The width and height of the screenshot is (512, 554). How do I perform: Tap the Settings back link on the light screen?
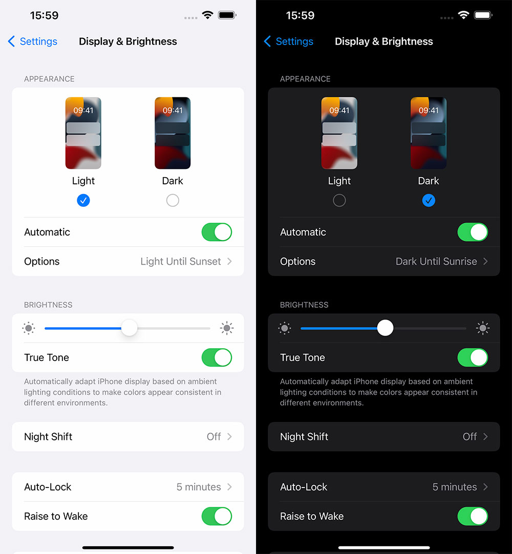tap(32, 41)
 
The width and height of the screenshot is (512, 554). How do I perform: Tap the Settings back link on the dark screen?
tap(288, 41)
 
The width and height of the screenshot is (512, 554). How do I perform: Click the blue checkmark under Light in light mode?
tap(83, 200)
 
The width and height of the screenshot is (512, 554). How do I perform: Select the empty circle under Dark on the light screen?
tap(173, 200)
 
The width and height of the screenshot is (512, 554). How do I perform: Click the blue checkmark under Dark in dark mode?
tap(428, 200)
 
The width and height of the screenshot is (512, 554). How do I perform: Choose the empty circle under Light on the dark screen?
tap(339, 200)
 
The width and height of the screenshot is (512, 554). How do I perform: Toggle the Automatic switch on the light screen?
tap(217, 232)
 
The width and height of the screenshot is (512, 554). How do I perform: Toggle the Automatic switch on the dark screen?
tap(473, 232)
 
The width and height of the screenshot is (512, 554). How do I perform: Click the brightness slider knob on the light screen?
tap(130, 328)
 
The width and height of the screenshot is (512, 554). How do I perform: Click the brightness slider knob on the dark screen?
tap(385, 328)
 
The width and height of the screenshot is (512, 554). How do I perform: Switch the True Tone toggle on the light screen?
tap(217, 357)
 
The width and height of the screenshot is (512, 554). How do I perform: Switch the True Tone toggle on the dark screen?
tap(473, 357)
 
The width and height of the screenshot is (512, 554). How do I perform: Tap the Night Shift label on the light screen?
tap(48, 437)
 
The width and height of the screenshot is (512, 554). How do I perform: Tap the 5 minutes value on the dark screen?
tap(455, 487)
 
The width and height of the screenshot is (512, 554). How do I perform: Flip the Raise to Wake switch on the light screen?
tap(217, 517)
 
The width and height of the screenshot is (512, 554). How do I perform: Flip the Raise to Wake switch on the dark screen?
tap(473, 517)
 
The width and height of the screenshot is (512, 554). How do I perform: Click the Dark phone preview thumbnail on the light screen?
tap(173, 133)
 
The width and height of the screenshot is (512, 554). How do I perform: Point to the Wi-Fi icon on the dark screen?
tap(463, 15)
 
